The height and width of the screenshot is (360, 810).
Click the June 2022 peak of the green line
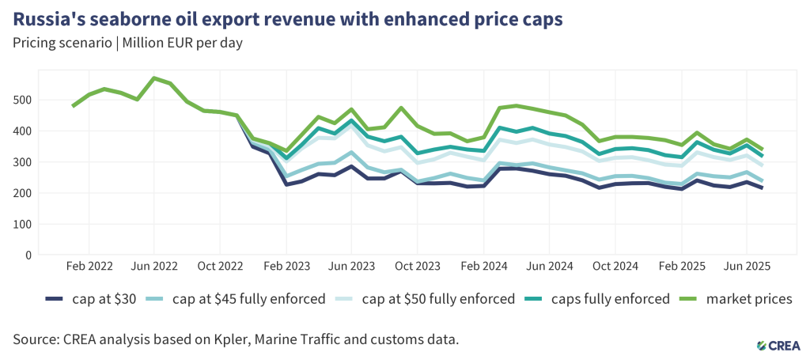pyautogui.click(x=154, y=78)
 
